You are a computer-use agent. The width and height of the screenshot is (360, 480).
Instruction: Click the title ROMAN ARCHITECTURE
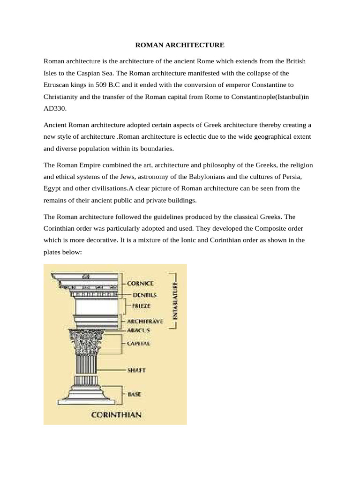click(x=180, y=45)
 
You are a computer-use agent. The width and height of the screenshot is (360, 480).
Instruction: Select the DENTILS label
click(x=144, y=295)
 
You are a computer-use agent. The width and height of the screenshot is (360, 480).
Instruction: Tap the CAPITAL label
click(x=139, y=344)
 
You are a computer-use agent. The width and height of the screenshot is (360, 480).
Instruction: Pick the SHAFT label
click(x=136, y=370)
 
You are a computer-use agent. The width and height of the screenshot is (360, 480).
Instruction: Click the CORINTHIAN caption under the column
click(x=116, y=414)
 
